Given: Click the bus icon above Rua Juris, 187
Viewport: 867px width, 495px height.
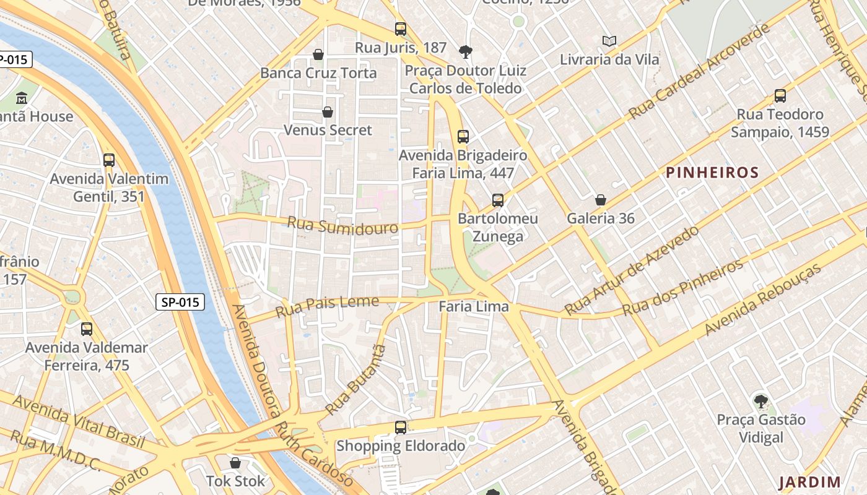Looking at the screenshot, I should click(401, 29).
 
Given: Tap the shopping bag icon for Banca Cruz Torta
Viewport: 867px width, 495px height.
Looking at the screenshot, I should click(318, 54).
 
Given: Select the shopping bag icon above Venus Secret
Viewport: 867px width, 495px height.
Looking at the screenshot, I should click(328, 112).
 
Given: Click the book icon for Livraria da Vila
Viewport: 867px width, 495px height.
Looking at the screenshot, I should click(609, 41).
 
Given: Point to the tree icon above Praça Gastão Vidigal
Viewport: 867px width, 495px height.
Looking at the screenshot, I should click(760, 402).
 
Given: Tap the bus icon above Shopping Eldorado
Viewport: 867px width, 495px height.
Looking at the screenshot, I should click(401, 428).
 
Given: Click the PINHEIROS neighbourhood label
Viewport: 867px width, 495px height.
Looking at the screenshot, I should click(712, 173).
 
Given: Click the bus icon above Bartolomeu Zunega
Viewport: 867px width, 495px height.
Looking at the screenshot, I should click(498, 200).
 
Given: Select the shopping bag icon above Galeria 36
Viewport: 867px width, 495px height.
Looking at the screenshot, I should click(600, 200).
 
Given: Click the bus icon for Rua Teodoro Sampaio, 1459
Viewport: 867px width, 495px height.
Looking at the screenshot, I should click(780, 97).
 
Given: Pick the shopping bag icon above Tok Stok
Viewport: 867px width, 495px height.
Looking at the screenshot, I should click(235, 463).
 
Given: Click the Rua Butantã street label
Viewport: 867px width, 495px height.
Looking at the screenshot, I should click(355, 380).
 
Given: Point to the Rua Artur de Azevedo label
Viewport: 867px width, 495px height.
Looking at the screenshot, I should click(632, 270).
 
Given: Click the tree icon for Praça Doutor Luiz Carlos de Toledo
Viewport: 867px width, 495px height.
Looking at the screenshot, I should click(465, 52).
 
